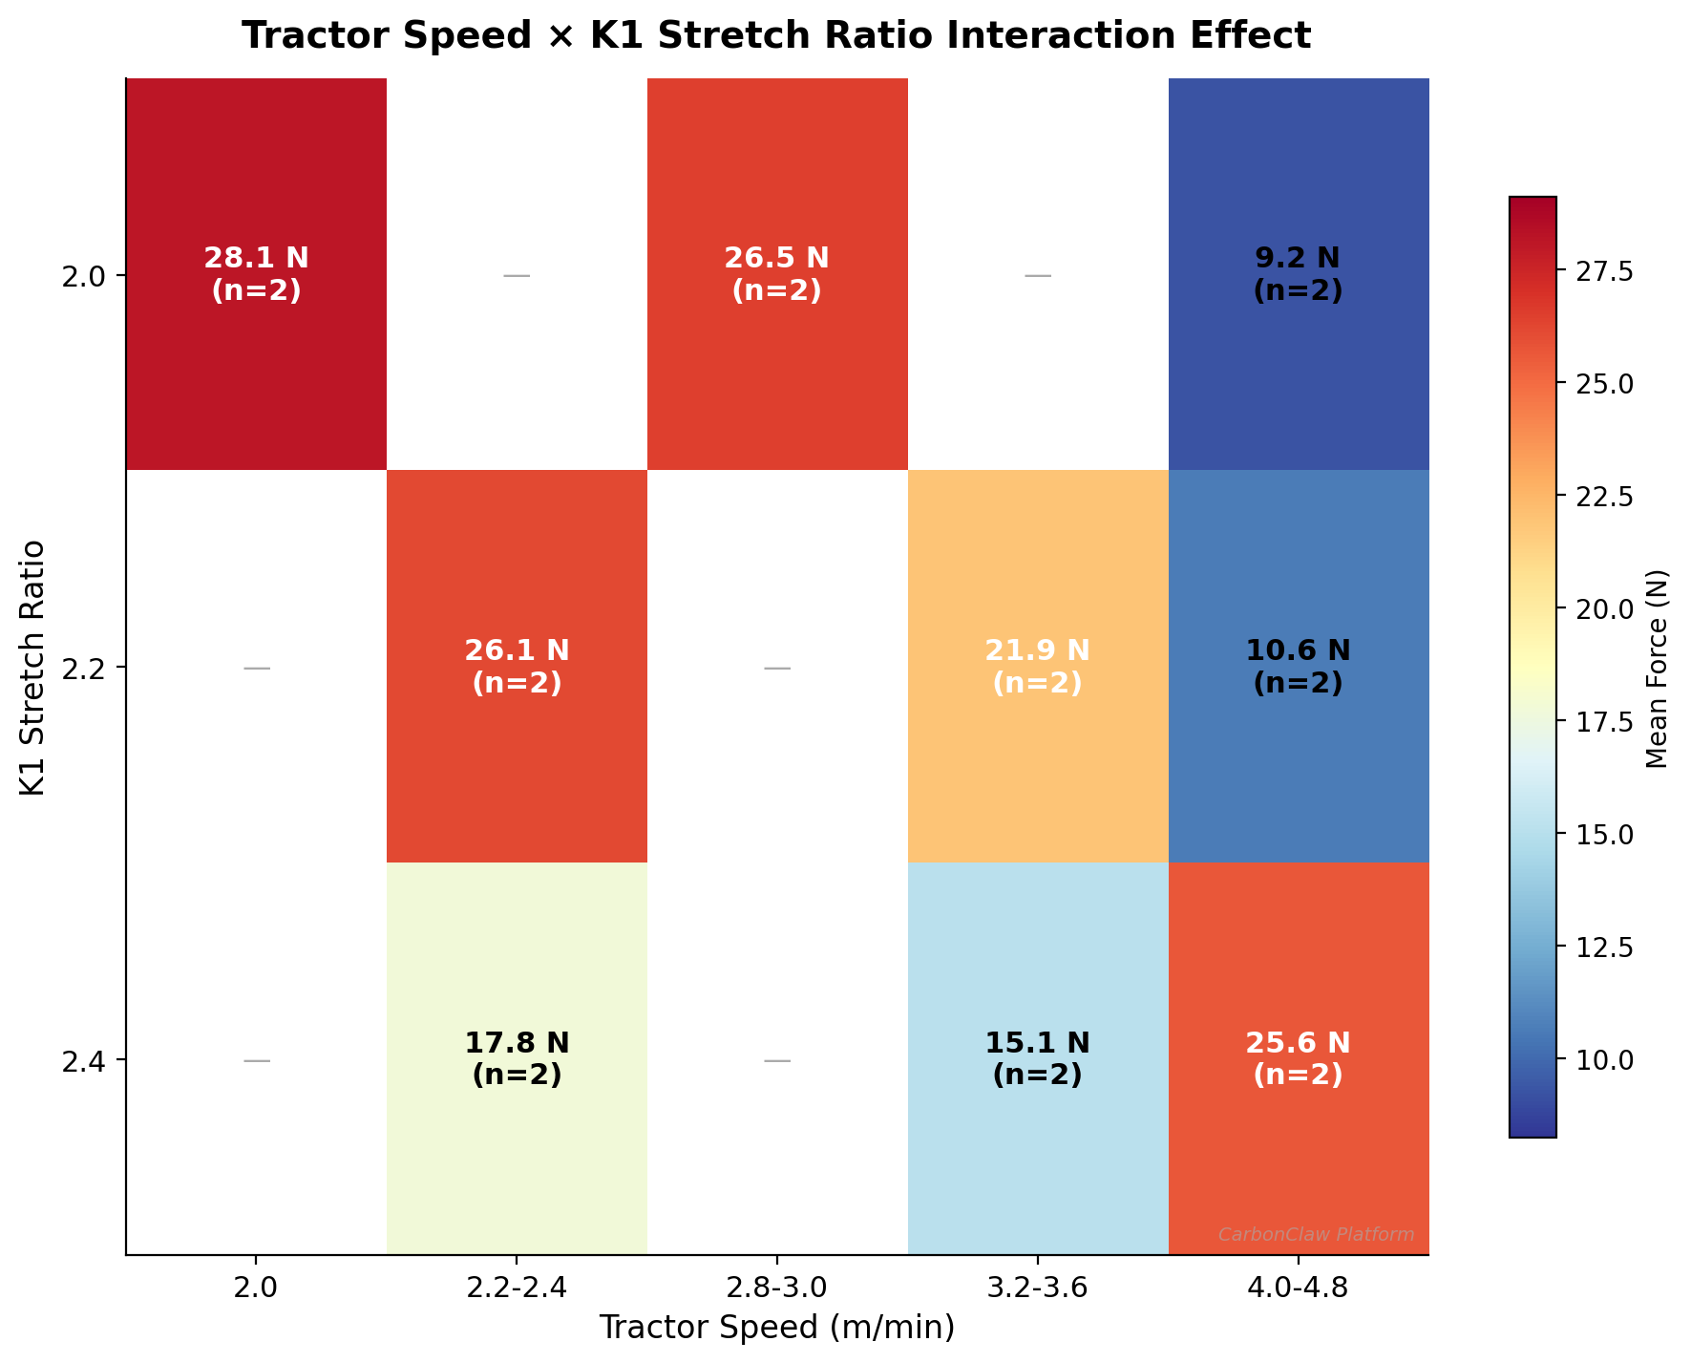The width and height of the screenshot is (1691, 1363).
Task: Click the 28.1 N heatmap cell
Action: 256,274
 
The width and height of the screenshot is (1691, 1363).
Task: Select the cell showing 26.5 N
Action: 776,274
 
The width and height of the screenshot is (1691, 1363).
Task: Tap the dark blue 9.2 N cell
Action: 1298,274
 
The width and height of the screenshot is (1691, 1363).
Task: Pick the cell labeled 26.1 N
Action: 517,667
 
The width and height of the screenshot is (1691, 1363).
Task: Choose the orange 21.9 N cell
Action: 1037,667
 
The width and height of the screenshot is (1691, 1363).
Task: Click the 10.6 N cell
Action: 1298,667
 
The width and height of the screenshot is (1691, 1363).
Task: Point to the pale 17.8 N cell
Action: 517,1058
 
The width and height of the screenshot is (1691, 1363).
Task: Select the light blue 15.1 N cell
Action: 1037,1058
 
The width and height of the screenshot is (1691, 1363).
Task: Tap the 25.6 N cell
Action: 1298,1058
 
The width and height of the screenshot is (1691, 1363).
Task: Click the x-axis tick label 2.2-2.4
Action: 517,1288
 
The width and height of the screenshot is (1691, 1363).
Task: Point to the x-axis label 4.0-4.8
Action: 1298,1288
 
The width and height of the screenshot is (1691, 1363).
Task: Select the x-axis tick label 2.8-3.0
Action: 776,1288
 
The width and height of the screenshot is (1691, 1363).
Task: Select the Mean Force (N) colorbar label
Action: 1658,668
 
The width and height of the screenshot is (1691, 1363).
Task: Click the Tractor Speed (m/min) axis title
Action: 776,1328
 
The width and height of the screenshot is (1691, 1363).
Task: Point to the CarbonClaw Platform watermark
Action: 1316,1235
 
